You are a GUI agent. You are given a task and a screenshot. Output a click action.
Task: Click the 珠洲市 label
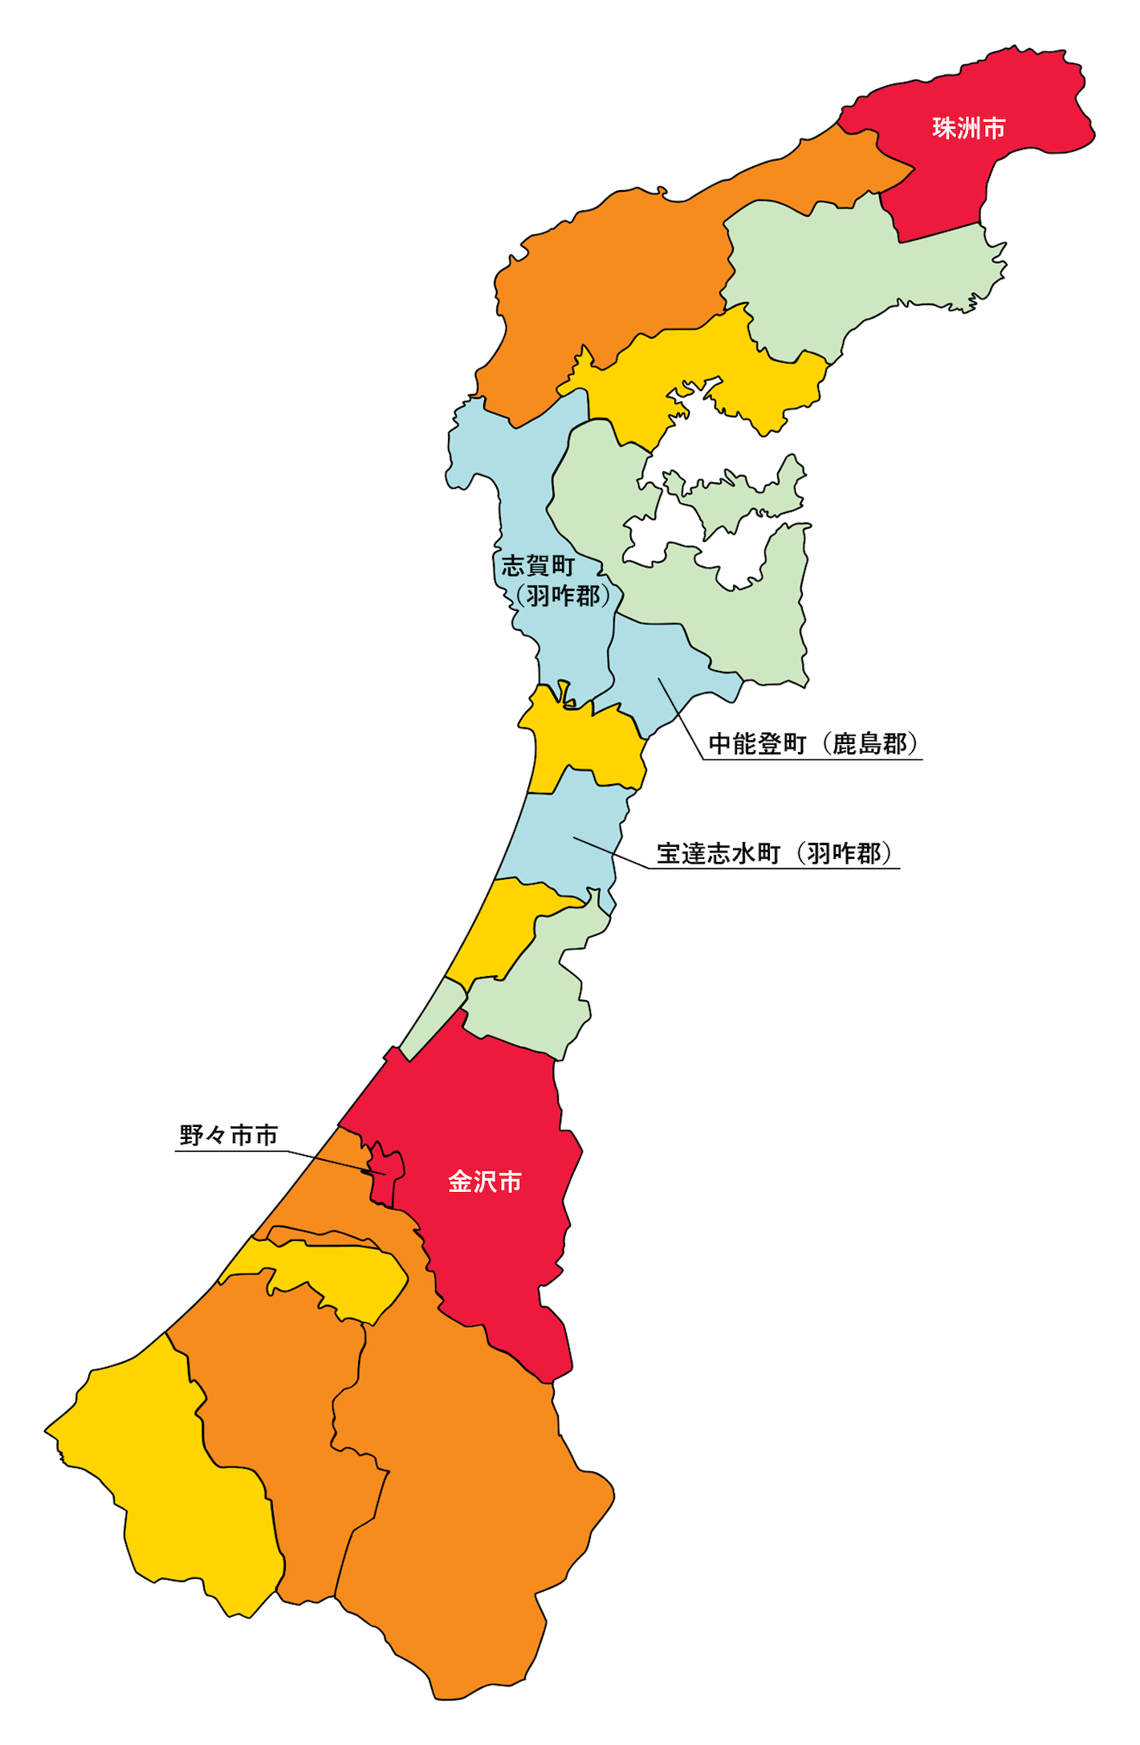968,128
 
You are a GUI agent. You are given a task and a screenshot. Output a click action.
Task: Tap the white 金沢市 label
485,1182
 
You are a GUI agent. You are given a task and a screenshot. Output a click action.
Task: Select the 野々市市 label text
229,1136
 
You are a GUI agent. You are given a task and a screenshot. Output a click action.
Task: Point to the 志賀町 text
538,566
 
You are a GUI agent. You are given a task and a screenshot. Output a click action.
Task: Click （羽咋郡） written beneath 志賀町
563,596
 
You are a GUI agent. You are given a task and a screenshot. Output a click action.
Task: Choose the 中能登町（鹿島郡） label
812,744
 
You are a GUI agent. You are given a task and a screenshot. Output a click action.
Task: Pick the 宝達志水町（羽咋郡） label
774,853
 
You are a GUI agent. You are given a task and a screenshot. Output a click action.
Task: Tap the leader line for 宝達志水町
610,852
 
